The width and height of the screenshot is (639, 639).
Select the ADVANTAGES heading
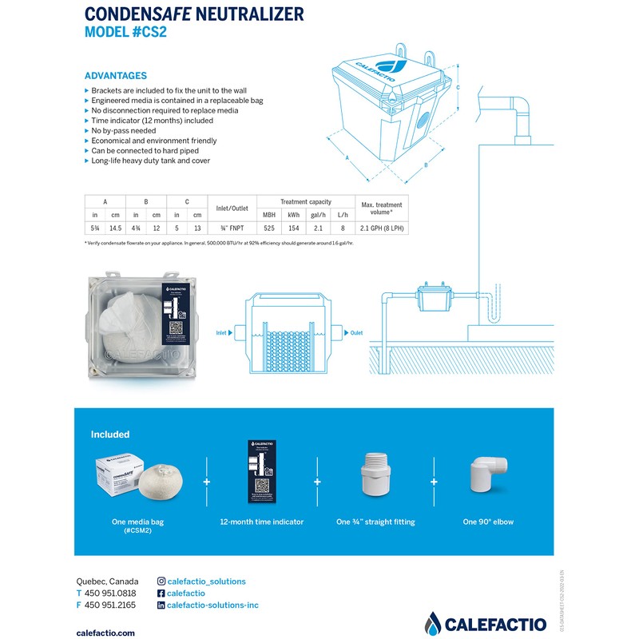tap(116, 75)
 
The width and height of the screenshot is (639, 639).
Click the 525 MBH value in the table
tap(269, 228)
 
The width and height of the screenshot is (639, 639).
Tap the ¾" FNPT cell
tap(231, 228)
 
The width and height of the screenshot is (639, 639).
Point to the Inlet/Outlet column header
tap(231, 208)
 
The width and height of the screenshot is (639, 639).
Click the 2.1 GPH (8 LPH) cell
tap(382, 228)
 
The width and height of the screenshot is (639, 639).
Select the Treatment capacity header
tap(305, 202)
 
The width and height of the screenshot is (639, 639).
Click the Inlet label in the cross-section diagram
tap(223, 332)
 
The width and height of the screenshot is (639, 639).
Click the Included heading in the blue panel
tap(110, 435)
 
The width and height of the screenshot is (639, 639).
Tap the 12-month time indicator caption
tap(261, 522)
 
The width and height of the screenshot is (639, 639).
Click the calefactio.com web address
tap(105, 632)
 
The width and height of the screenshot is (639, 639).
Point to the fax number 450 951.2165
tap(110, 605)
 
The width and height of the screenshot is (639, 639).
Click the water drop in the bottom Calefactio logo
tap(434, 622)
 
